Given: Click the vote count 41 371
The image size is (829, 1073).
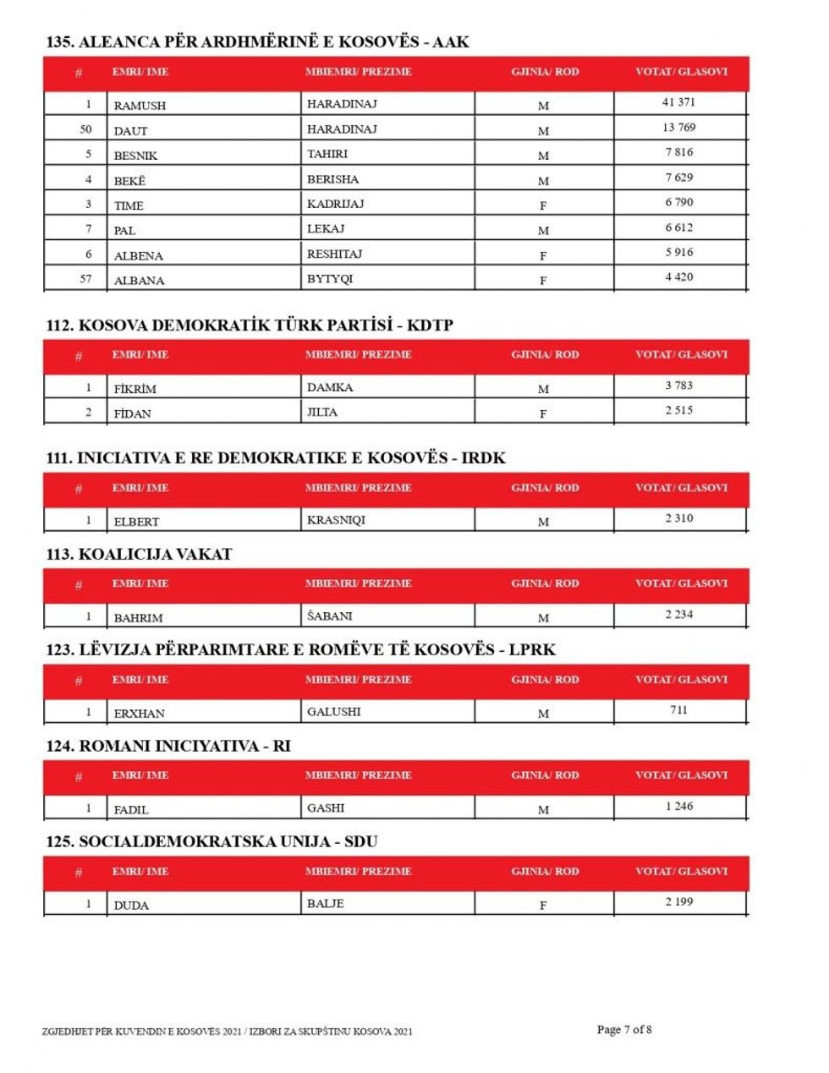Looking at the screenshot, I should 678,102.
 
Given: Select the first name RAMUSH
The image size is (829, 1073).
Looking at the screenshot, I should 140,106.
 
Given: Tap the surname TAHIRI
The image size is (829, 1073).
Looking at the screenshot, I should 327,154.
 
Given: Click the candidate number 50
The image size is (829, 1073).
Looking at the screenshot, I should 85,129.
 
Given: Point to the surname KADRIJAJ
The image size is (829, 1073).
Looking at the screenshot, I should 335,204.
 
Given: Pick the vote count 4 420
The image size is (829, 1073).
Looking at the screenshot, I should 678,277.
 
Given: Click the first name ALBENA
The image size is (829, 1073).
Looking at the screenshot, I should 139,255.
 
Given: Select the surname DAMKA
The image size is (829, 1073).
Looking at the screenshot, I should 330,387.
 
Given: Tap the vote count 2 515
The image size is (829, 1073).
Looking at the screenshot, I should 678,411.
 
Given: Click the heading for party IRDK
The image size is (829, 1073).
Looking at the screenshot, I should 276,458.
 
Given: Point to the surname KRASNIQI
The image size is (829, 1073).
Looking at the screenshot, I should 336,520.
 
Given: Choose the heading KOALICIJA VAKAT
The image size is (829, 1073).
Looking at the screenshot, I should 139,555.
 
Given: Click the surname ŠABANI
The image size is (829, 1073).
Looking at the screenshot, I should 329,616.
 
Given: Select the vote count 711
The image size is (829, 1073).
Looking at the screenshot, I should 678,710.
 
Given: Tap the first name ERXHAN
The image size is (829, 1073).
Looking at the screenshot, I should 139,714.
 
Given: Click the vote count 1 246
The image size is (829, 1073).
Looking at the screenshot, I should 678,807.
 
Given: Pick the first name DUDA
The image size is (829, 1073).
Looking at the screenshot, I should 131,906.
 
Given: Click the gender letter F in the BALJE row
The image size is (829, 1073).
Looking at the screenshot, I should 543,906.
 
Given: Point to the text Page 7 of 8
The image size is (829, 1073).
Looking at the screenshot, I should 624,1030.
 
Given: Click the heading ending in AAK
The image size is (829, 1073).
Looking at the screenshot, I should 258,42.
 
